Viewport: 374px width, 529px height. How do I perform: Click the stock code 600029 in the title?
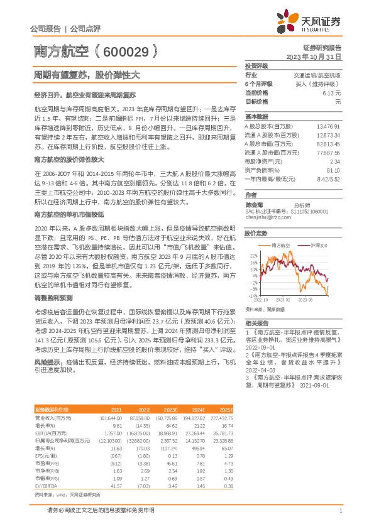point(126,52)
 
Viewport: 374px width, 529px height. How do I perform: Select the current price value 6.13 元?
point(331,92)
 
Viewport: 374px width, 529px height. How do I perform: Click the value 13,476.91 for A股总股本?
point(329,126)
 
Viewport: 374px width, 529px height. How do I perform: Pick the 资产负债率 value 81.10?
point(333,170)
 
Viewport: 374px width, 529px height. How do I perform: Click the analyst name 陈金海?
point(254,205)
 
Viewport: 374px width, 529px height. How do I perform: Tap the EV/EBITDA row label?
point(47,486)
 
